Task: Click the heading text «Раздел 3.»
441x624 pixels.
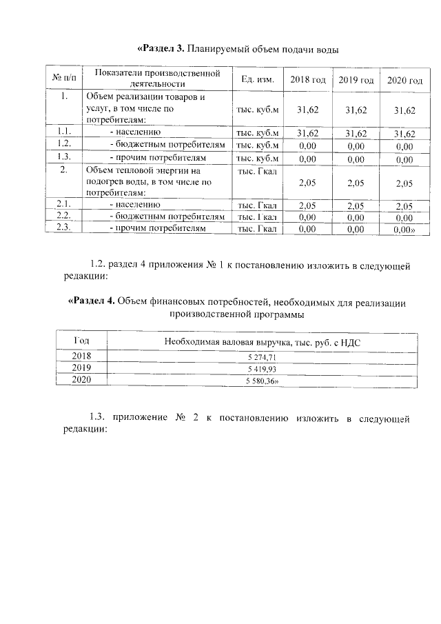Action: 161,49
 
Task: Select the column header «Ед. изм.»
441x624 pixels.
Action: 258,80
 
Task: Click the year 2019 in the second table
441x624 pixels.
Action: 81,368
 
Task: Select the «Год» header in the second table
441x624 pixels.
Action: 81,341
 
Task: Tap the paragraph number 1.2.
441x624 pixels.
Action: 100,264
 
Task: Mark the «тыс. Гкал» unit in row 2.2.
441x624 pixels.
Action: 257,217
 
